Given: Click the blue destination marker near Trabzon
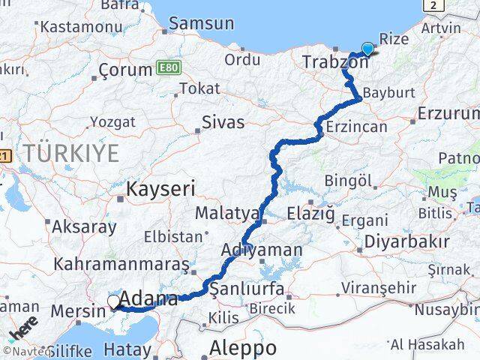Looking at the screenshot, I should [367, 49].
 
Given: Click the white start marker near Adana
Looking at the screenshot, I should [113, 301].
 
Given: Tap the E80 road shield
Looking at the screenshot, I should [168, 69].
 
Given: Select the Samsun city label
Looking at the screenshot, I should [200, 23].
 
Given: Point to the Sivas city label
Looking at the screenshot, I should [223, 121].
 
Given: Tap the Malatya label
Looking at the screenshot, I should [227, 213].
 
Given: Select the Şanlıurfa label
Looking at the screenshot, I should [247, 289].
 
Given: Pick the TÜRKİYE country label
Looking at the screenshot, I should [70, 153].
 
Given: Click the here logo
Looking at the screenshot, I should [24, 328].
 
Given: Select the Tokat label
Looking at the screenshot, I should [199, 88].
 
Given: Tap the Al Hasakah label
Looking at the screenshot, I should [437, 344].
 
